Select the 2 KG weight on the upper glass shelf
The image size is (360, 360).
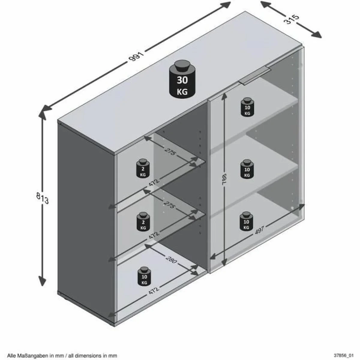143,169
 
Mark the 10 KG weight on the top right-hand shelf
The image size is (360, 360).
247,107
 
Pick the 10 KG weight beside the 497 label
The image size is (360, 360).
246,221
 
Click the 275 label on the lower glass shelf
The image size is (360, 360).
169,205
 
